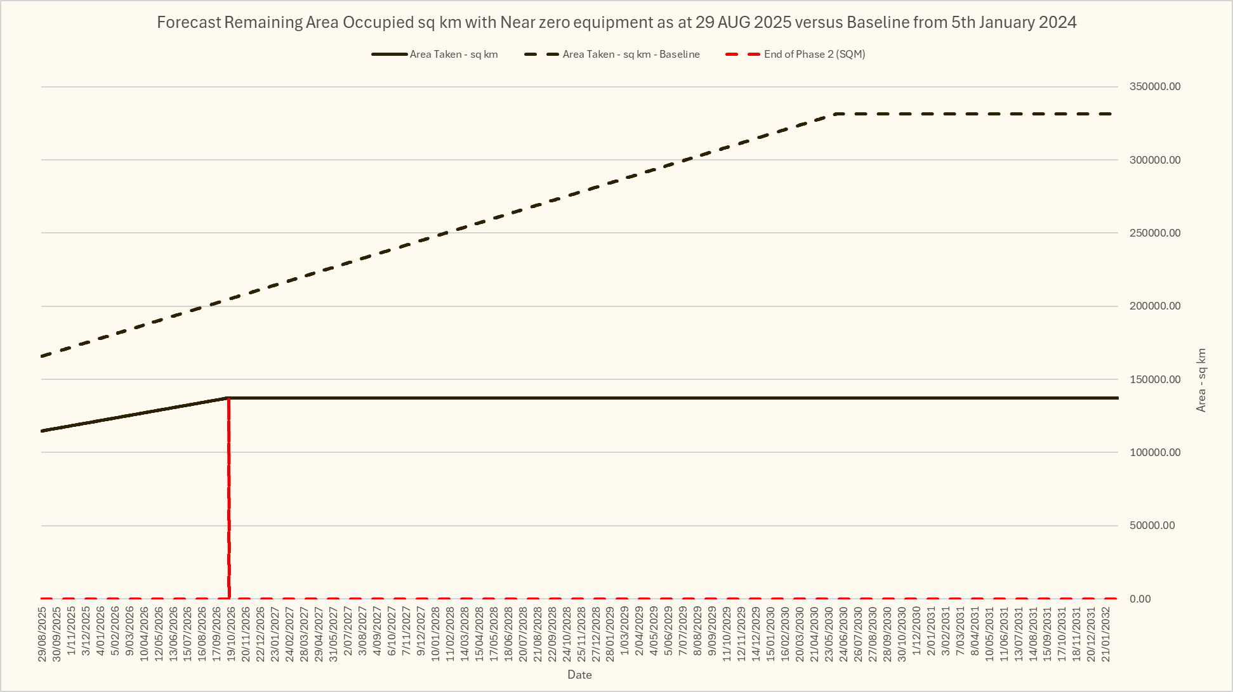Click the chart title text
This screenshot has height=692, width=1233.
point(616,23)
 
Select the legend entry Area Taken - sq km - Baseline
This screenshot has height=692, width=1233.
point(631,55)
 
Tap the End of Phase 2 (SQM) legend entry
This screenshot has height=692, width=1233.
point(814,55)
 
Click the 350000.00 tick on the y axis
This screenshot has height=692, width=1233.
point(1154,87)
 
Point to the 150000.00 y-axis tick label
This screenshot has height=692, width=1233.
point(1154,379)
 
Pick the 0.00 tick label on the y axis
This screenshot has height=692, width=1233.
point(1140,599)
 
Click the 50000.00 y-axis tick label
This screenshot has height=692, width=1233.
point(1152,526)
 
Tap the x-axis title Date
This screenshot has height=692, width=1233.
point(579,675)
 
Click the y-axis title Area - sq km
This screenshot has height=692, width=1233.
point(1201,380)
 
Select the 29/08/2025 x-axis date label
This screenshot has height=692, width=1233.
point(43,634)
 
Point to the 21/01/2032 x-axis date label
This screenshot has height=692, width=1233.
point(1106,634)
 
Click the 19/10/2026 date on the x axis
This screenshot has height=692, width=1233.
point(232,634)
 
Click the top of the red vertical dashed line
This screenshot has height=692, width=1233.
point(228,399)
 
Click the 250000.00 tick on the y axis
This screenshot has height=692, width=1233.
point(1154,233)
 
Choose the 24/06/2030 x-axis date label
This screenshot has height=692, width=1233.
point(843,634)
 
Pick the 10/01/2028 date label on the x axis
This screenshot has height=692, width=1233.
point(435,634)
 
